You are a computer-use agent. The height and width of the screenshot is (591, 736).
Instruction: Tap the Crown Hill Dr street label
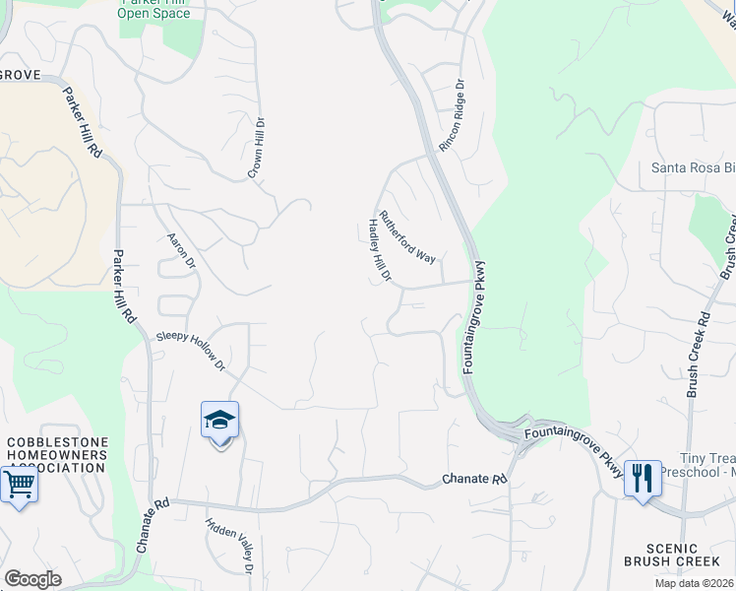pos(258,148)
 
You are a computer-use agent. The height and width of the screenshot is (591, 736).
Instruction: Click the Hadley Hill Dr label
pos(380,250)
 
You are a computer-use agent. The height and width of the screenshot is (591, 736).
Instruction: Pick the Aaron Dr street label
pos(182,251)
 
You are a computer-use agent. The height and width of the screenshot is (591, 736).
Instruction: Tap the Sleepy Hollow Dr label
pos(192,352)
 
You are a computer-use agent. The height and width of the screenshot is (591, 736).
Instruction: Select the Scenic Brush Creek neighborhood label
pos(673,556)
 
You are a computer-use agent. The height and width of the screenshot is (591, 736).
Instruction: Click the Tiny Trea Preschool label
pos(706,466)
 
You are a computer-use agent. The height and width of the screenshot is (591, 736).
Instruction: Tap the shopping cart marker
pos(19,486)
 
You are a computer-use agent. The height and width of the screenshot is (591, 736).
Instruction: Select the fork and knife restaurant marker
pos(643,480)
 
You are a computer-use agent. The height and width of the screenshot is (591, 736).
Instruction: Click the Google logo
pos(32,579)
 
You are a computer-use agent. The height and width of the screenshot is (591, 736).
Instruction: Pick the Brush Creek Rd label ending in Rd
pos(698,355)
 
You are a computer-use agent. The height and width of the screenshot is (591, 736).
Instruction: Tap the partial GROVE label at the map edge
pos(20,74)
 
